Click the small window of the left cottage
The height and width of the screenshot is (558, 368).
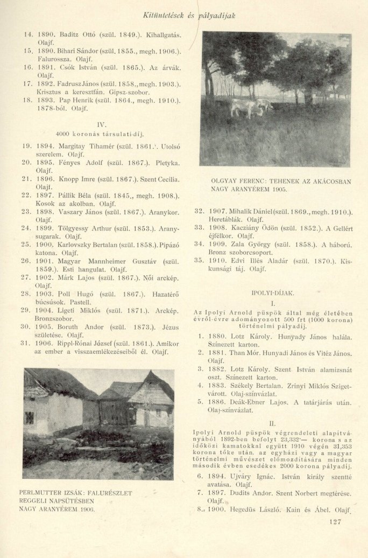[x=29, y=417]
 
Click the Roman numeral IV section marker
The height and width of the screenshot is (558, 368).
[x=102, y=124]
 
